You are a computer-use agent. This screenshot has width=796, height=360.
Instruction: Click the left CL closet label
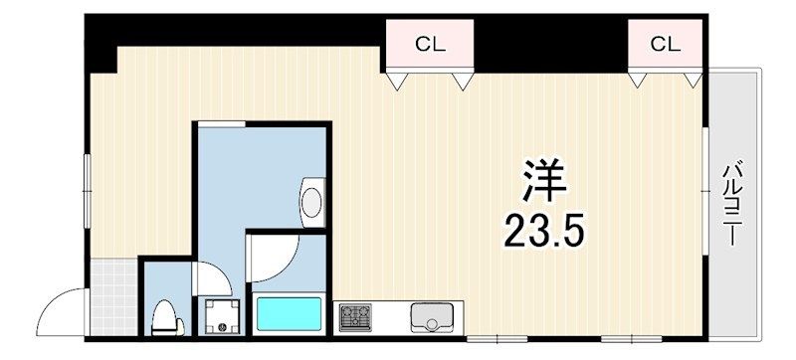[430, 44]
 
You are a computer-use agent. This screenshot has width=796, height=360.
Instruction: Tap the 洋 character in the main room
[543, 183]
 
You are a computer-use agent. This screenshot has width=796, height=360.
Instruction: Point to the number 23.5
[542, 232]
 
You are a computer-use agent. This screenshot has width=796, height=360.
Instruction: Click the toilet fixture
[165, 317]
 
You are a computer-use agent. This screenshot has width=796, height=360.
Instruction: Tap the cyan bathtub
[289, 317]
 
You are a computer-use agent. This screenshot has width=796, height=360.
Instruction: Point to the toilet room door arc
[211, 277]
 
